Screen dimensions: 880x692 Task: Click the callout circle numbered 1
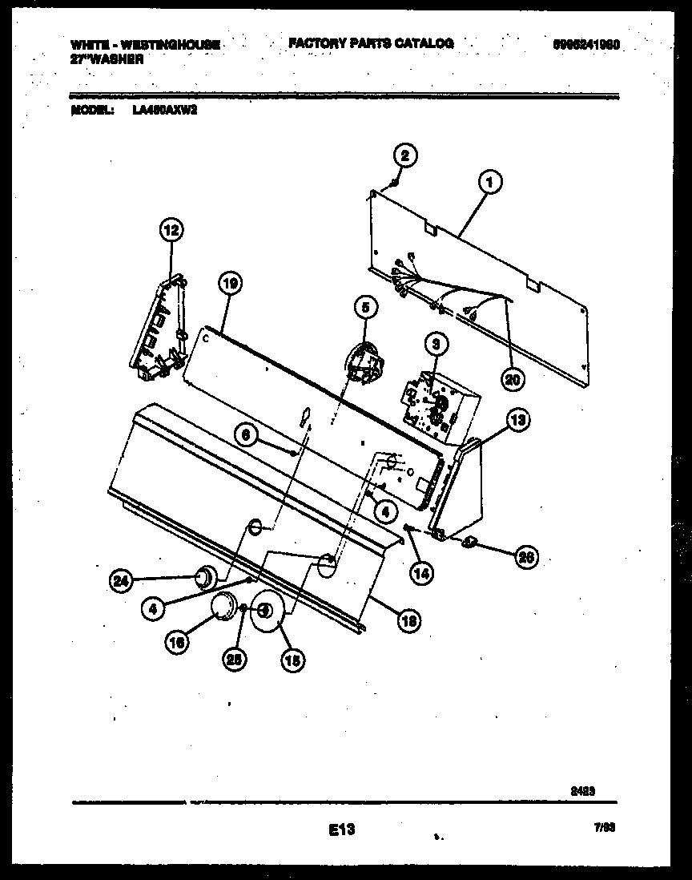(489, 183)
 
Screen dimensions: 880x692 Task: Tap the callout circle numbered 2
(405, 155)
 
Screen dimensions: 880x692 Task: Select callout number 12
(170, 231)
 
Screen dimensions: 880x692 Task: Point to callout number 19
(229, 282)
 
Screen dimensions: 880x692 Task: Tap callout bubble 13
(518, 418)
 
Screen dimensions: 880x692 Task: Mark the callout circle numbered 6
(247, 434)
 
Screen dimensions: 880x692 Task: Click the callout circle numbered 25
(236, 659)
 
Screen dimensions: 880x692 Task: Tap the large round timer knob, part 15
(266, 613)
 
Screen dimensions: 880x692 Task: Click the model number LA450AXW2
(165, 111)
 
